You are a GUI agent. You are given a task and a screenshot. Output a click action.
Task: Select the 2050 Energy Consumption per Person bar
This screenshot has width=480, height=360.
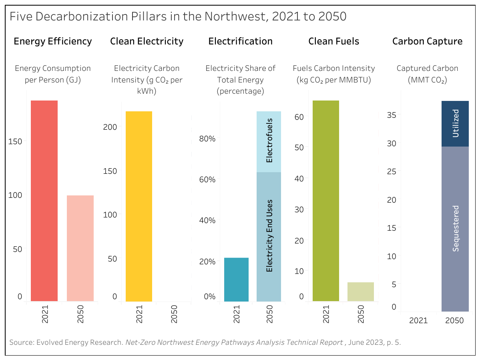(80, 248)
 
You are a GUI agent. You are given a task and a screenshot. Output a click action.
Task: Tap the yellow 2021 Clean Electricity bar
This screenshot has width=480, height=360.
(139, 206)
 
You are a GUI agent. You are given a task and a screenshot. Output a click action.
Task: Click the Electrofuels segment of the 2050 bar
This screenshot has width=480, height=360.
(269, 142)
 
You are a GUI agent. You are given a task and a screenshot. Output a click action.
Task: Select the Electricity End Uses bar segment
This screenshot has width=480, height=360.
(269, 236)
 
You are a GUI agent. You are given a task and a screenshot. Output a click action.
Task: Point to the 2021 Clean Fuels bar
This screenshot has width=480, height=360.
(325, 200)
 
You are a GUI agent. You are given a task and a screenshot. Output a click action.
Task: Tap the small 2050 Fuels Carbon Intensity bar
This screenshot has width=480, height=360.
(360, 292)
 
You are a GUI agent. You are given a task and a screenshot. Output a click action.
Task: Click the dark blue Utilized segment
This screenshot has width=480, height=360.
(455, 124)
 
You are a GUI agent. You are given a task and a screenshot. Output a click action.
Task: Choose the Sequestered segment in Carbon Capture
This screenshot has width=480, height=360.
(455, 229)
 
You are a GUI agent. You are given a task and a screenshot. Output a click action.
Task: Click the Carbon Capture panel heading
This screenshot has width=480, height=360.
(427, 41)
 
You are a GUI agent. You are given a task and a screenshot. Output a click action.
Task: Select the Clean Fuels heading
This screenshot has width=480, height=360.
(333, 41)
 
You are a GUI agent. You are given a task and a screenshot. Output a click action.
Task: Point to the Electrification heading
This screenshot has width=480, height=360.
(240, 41)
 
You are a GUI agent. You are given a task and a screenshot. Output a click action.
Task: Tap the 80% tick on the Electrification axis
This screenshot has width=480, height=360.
(207, 139)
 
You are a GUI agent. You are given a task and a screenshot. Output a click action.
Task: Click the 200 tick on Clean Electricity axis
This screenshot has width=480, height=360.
(109, 127)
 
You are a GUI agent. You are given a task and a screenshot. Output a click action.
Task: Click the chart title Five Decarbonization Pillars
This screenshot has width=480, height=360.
(178, 16)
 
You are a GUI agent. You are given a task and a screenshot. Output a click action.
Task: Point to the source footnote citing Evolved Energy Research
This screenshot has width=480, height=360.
(205, 342)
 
